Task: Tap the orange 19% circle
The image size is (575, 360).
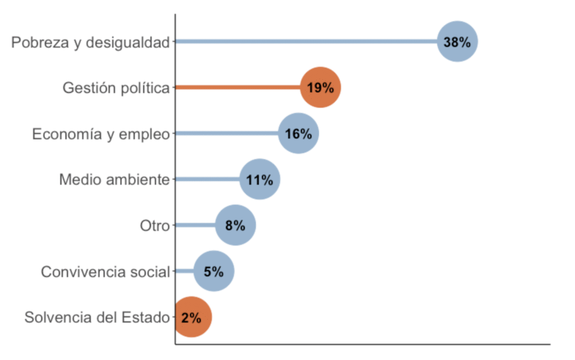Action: [321, 88]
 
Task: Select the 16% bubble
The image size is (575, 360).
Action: [299, 134]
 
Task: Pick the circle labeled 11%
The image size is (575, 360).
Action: [259, 180]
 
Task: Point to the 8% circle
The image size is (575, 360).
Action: [235, 225]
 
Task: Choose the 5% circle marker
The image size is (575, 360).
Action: [214, 271]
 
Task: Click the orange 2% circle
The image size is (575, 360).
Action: [191, 317]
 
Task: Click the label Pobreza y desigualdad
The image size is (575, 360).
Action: [90, 42]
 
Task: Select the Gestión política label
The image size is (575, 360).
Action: [116, 88]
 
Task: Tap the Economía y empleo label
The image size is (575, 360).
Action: [101, 134]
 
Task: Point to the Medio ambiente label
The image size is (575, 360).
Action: [114, 180]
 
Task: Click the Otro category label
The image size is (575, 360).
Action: [154, 226]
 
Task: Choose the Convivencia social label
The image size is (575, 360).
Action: [105, 272]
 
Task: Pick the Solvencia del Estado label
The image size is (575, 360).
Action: [97, 318]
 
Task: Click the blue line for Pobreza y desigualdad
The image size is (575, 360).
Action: [306, 41]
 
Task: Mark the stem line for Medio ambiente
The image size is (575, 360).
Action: [207, 180]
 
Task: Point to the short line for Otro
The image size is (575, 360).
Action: [195, 225]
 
